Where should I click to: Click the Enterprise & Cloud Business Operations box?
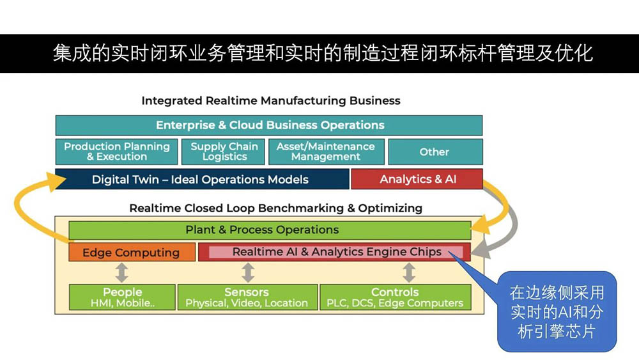tap(269, 125)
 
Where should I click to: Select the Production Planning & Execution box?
tap(116, 152)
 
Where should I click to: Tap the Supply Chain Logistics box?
tap(224, 152)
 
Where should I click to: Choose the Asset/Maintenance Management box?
tap(326, 152)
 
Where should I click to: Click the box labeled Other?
tap(435, 152)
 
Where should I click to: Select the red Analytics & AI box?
tap(417, 180)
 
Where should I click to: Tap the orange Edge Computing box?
tap(131, 252)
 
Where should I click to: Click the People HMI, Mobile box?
tap(122, 297)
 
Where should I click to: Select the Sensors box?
tap(247, 297)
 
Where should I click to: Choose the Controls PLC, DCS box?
tap(395, 297)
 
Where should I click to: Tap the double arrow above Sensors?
tap(248, 272)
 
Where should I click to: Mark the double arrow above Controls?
tap(409, 272)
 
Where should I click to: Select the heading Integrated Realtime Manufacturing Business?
tap(271, 101)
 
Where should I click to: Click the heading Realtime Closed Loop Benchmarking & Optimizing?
tap(275, 208)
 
